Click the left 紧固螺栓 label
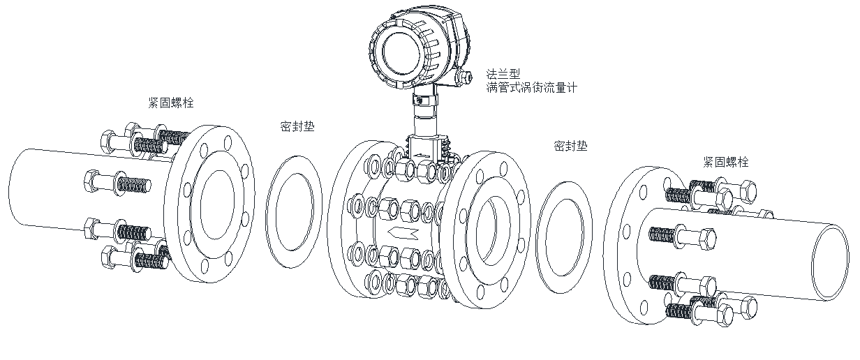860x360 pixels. (171, 103)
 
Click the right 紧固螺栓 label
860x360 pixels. (726, 162)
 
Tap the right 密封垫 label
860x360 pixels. (570, 146)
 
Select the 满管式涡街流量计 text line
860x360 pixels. (532, 87)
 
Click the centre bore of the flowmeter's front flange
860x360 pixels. (492, 227)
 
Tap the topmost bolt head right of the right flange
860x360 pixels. (746, 188)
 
